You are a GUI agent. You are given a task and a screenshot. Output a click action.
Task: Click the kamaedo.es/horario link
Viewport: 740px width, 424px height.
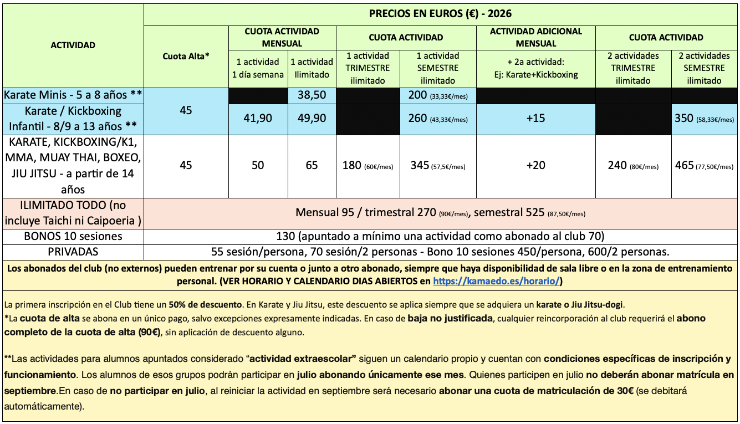pyautogui.click(x=497, y=281)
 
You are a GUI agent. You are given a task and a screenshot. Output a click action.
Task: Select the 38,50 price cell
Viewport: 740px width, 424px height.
pyautogui.click(x=312, y=95)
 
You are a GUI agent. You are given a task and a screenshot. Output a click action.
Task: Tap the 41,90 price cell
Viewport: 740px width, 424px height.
pyautogui.click(x=258, y=118)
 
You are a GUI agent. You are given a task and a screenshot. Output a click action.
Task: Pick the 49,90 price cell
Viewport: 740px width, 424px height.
pyautogui.click(x=312, y=118)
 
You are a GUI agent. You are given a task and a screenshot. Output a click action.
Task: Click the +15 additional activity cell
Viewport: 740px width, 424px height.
pyautogui.click(x=535, y=119)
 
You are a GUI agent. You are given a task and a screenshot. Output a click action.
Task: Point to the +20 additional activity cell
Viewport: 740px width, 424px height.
pyautogui.click(x=535, y=165)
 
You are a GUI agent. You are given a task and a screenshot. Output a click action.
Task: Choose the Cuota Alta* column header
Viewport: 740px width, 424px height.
pyautogui.click(x=186, y=56)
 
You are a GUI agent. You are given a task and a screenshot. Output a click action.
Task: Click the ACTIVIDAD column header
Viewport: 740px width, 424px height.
pyautogui.click(x=73, y=45)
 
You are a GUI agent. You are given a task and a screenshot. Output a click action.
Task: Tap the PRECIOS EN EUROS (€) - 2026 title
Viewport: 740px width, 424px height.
pyautogui.click(x=441, y=14)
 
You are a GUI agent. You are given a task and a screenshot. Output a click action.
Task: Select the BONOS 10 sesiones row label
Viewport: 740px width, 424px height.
pyautogui.click(x=73, y=236)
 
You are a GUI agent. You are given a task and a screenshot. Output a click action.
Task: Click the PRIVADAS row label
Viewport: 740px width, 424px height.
pyautogui.click(x=73, y=252)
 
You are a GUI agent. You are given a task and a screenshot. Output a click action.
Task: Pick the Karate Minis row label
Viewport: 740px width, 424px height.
pyautogui.click(x=73, y=95)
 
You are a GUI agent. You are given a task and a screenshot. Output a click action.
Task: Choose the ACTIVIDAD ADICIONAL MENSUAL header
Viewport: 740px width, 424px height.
pyautogui.click(x=535, y=37)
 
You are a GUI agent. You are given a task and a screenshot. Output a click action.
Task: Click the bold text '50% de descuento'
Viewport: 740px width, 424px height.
pyautogui.click(x=212, y=305)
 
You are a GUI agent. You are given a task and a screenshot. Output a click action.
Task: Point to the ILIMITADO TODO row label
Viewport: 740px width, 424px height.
pyautogui.click(x=73, y=213)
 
